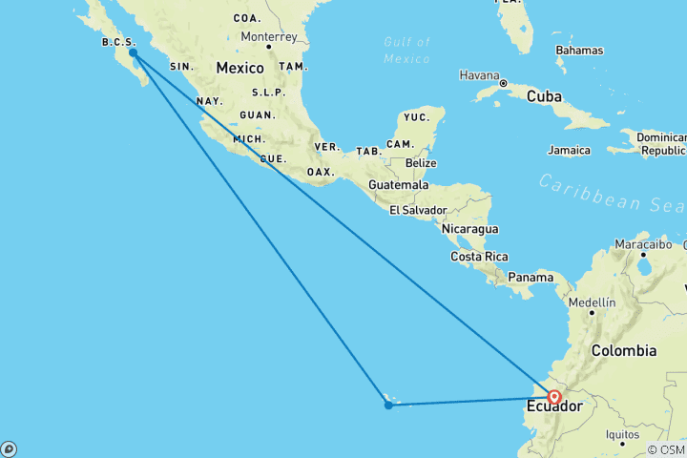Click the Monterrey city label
pos(269,37)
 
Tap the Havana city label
pos(479,74)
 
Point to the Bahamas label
pos(579,49)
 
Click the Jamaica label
pos(569,150)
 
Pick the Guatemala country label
pos(401,184)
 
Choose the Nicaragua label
pos(468,229)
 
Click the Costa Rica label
pos(479,257)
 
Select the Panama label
pos(531,278)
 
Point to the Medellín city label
pos(591,302)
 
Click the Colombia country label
pos(624,350)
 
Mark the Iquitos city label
pos(621,434)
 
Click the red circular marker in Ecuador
pos(554,397)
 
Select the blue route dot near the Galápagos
pos(388,406)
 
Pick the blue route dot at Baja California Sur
pos(133,53)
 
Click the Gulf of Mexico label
pos(407,50)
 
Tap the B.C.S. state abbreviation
pos(118,42)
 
